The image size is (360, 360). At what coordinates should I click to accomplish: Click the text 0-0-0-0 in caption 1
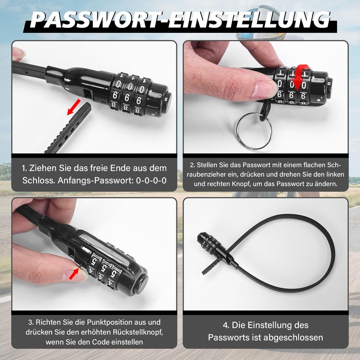click(x=144, y=180)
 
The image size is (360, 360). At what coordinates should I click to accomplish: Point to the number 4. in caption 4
click(x=227, y=325)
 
